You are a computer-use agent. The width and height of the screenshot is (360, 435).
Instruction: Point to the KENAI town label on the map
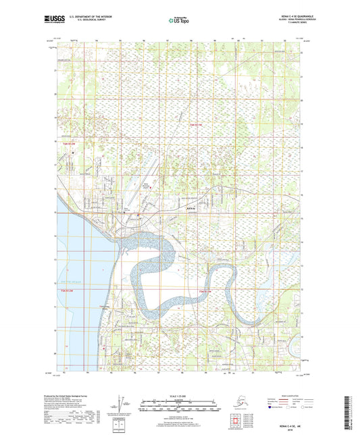pos(171,208)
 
